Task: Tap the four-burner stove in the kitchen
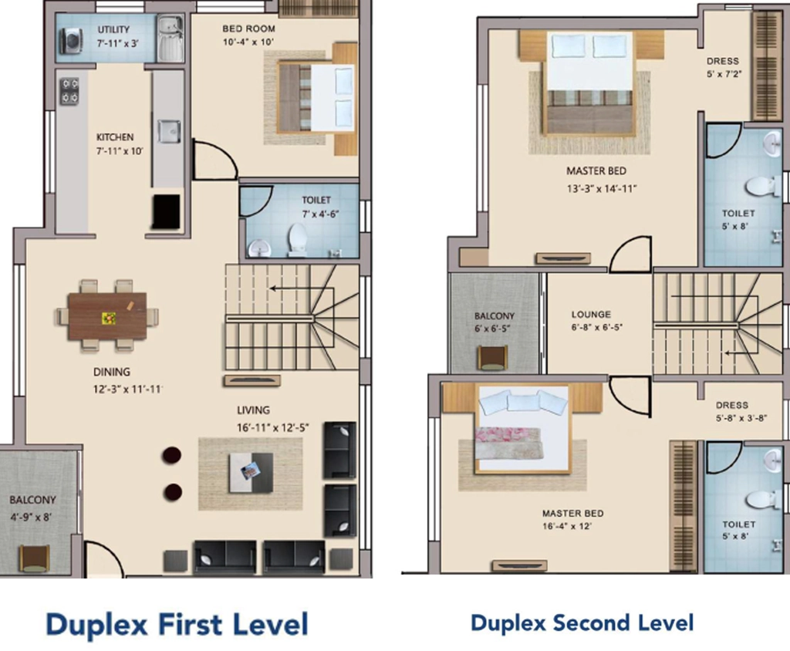(x=69, y=91)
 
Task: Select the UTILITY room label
(x=113, y=30)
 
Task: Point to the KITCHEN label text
(x=115, y=137)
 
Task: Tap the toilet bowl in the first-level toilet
(x=297, y=240)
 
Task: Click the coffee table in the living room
(x=251, y=472)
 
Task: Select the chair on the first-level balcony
(x=34, y=558)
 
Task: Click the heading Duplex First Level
(x=177, y=624)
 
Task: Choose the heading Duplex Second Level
(x=582, y=623)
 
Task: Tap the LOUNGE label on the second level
(x=591, y=315)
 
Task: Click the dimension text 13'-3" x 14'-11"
(x=602, y=189)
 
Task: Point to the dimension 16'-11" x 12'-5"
(x=272, y=428)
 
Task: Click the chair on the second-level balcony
(x=492, y=358)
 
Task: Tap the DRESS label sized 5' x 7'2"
(x=722, y=62)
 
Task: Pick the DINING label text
(x=111, y=372)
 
